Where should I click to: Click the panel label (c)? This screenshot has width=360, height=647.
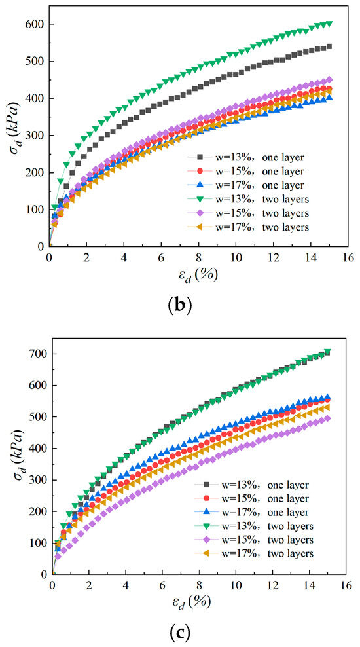tap(180, 631)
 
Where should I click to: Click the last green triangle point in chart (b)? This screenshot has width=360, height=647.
tap(329, 24)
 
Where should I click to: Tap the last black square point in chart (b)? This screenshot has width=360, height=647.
tap(329, 46)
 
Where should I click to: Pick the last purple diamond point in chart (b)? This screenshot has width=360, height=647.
tap(329, 80)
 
